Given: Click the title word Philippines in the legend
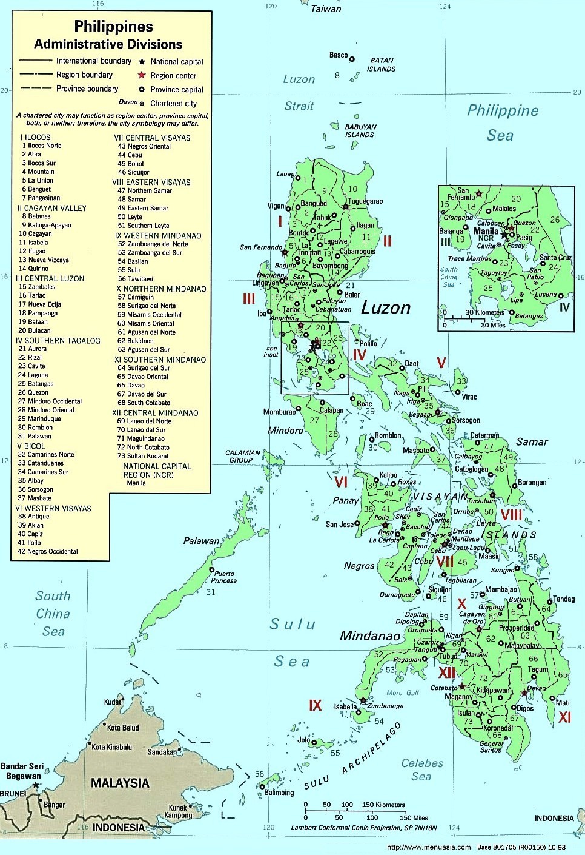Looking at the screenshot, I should pyautogui.click(x=113, y=27).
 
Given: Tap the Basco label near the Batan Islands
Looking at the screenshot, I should pyautogui.click(x=339, y=55).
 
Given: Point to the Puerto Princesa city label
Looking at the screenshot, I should pyautogui.click(x=224, y=577).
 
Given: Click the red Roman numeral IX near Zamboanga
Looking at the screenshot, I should pyautogui.click(x=316, y=705).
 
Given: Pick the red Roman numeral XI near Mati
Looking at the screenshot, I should pyautogui.click(x=564, y=717).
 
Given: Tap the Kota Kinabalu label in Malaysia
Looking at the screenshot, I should pyautogui.click(x=111, y=747).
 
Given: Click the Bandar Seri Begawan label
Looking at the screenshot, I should pyautogui.click(x=22, y=771).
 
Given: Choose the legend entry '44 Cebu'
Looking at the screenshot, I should pyautogui.click(x=130, y=155).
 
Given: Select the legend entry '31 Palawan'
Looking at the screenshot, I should pyautogui.click(x=35, y=436).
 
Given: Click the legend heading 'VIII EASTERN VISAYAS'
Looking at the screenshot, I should pyautogui.click(x=151, y=182).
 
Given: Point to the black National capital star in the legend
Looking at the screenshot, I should pyautogui.click(x=142, y=62).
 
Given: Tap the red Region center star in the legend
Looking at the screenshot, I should pyautogui.click(x=142, y=75).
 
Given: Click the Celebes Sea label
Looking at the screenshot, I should pyautogui.click(x=422, y=769).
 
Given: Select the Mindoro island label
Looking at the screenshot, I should pyautogui.click(x=285, y=431).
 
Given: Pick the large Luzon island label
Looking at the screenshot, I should pyautogui.click(x=386, y=308).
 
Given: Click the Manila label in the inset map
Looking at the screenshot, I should pyautogui.click(x=486, y=231).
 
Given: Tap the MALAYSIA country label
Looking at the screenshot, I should pyautogui.click(x=120, y=783).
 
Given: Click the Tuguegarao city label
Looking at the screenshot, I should pyautogui.click(x=365, y=201).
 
